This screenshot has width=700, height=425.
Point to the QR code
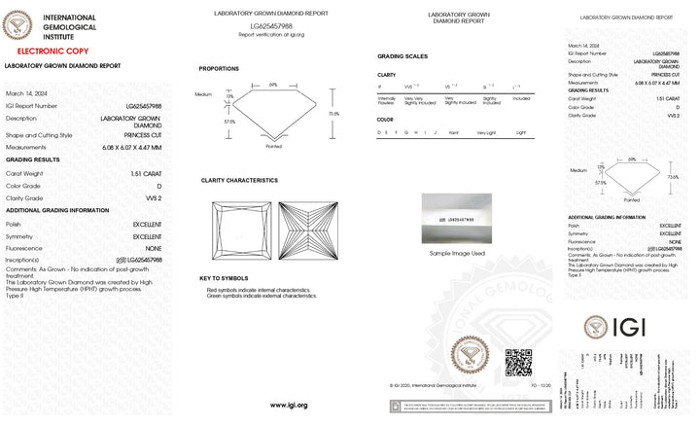(518, 363)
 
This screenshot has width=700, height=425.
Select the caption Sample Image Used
(457, 253)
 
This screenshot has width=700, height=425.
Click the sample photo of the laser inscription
(457, 219)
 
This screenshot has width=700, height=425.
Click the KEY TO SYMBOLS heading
(225, 278)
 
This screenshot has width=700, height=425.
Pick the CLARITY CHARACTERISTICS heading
(239, 180)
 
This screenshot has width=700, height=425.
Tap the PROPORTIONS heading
(220, 68)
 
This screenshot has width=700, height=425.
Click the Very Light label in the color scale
(486, 131)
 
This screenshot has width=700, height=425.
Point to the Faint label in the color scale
(454, 131)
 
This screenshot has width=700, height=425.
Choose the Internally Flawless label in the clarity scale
(387, 99)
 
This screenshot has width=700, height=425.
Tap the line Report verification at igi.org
(271, 34)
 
